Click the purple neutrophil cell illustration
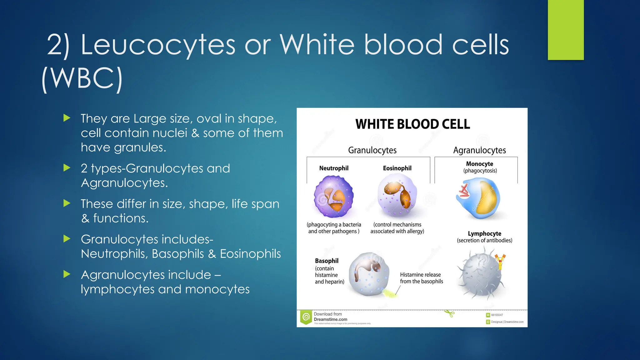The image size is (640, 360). click(333, 196)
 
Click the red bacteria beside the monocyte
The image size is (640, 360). click(463, 191)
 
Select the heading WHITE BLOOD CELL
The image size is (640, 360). click(412, 124)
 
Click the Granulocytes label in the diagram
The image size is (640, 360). click(372, 150)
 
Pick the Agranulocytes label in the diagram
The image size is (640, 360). click(479, 150)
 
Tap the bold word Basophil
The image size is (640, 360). click(327, 261)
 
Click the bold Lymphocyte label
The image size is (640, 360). click(484, 233)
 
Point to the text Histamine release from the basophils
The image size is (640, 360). click(421, 278)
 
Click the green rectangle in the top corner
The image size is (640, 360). click(566, 30)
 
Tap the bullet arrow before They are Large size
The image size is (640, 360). click(67, 118)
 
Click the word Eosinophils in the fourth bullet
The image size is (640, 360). click(250, 254)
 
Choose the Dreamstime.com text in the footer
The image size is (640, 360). click(330, 319)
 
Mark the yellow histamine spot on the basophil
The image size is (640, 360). click(388, 293)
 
